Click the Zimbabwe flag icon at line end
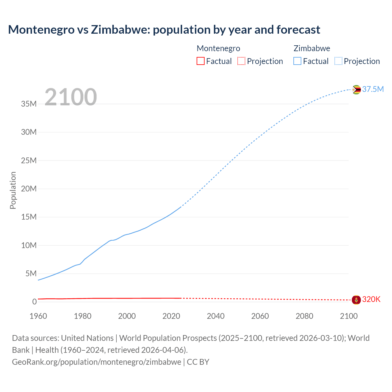click(356, 89)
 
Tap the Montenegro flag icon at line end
click(356, 300)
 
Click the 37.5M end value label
click(373, 89)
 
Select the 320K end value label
click(371, 300)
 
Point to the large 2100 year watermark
click(71, 97)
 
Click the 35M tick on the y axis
click(29, 104)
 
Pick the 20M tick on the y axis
click(29, 189)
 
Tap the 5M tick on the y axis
click(31, 273)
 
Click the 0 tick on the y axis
click(34, 302)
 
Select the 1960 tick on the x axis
click(38, 316)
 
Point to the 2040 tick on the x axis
click(216, 316)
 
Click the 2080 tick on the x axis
click(304, 316)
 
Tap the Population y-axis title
click(13, 190)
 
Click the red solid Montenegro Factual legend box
click(200, 61)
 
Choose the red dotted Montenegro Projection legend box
click(241, 61)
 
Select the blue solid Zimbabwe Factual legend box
click(297, 61)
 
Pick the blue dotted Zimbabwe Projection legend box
click(338, 61)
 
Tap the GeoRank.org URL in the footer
click(96, 362)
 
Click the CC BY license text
click(198, 362)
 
